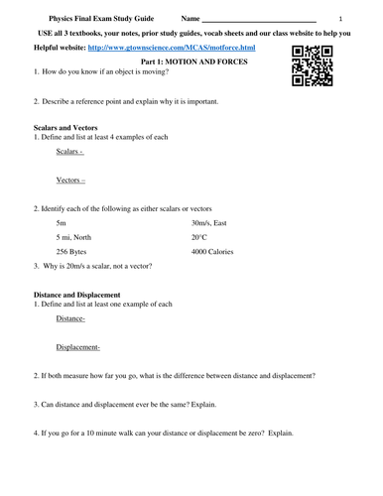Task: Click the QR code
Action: pyautogui.click(x=312, y=65)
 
